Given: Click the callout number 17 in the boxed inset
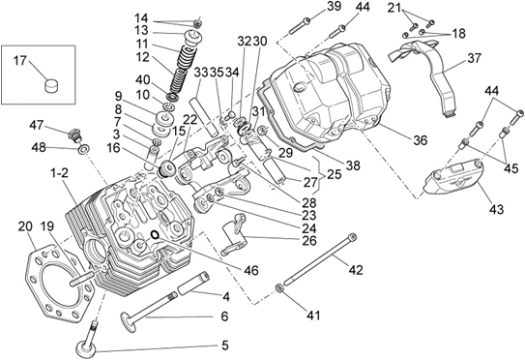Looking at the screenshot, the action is (19, 61).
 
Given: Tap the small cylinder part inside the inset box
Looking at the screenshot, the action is (51, 85).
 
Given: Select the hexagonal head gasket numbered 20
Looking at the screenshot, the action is (59, 283).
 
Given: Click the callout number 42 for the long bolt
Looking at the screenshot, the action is (356, 269).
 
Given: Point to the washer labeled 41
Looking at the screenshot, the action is (278, 288).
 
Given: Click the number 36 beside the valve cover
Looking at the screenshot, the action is (421, 140).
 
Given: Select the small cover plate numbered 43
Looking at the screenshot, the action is (453, 177).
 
